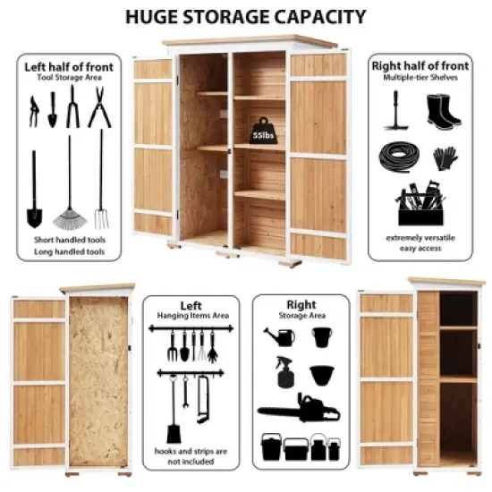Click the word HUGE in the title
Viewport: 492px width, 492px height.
[x=157, y=16]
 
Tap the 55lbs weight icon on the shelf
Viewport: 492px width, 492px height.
[x=261, y=131]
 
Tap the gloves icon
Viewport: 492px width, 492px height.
[x=445, y=157]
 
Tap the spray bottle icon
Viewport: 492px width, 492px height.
[x=285, y=372]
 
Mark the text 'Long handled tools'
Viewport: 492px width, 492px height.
[x=69, y=252]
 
